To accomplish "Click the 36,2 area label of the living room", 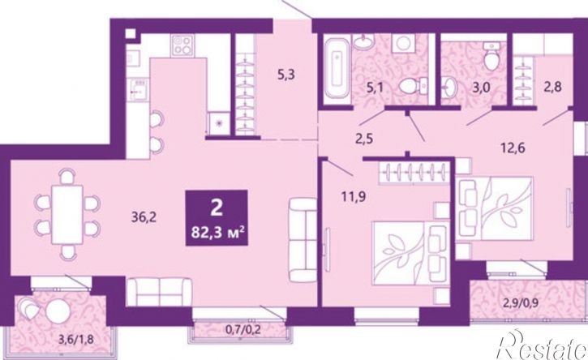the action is (x=144, y=217).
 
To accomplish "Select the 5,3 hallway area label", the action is (x=286, y=75).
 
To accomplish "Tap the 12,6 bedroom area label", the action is (x=513, y=148).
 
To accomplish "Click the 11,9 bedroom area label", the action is (x=354, y=195).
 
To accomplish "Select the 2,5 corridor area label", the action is (x=364, y=139).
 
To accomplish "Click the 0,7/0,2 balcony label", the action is (x=243, y=330).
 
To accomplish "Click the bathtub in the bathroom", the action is (x=337, y=70).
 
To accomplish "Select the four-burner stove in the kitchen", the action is (x=182, y=45).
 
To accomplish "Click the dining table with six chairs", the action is (x=67, y=214).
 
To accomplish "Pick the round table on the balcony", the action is (x=58, y=311).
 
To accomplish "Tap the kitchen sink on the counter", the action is (x=138, y=90).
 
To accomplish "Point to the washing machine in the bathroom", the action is (x=403, y=44).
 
